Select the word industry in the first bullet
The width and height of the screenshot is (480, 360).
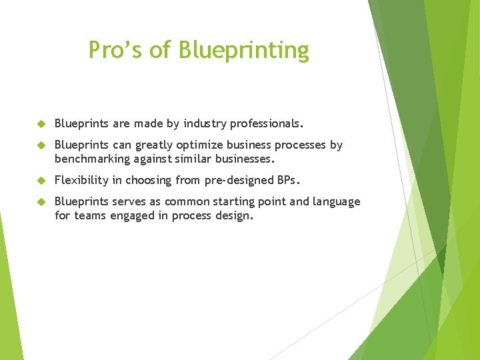205,123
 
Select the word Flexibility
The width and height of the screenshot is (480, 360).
81,180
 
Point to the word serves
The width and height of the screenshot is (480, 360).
129,201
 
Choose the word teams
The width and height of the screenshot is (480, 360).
89,215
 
